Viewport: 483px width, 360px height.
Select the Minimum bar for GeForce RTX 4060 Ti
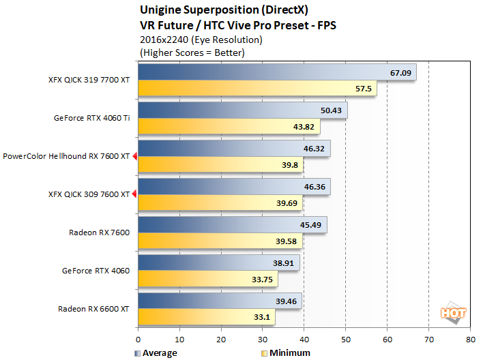[x=229, y=126]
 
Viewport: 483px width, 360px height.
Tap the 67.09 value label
[x=400, y=72]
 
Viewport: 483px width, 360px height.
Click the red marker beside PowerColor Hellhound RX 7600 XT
[x=134, y=156]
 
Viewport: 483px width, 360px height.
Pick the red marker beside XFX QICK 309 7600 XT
[x=134, y=194]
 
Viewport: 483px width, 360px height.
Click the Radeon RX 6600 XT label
[x=94, y=309]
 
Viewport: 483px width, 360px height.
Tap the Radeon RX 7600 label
[x=99, y=232]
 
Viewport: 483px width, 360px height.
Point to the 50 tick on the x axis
[x=346, y=338]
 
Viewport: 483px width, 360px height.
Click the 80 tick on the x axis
[x=470, y=338]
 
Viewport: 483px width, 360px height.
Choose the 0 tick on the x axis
[x=138, y=338]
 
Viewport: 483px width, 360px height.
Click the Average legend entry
[x=156, y=353]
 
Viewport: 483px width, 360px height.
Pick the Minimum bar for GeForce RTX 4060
[x=208, y=279]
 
